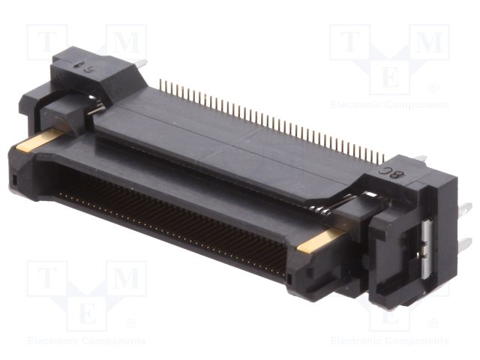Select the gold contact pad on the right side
click(x=319, y=242)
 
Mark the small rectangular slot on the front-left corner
click(x=14, y=180)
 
